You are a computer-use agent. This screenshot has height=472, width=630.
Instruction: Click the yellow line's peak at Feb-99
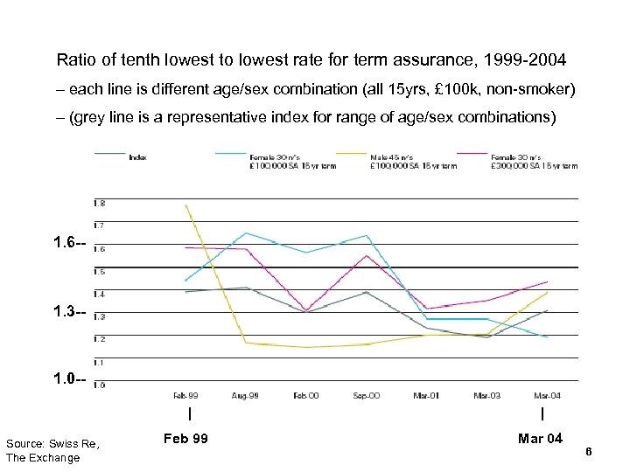[x=185, y=205]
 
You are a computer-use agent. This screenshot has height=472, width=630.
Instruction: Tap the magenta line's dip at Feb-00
[x=305, y=309]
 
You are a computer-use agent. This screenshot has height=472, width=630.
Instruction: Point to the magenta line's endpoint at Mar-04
[x=547, y=281]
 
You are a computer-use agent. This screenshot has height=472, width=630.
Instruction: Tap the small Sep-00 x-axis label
[x=366, y=396]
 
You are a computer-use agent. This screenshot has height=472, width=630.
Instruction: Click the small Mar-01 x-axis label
[x=426, y=396]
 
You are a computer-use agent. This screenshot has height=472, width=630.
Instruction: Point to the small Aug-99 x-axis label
[x=246, y=396]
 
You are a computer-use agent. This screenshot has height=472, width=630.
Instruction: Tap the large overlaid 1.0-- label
[x=69, y=380]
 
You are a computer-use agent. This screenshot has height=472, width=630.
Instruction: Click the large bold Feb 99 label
[x=185, y=438]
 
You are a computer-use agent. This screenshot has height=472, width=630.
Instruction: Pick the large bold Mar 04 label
[x=540, y=438]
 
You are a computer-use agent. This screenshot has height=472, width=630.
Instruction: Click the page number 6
[x=589, y=451]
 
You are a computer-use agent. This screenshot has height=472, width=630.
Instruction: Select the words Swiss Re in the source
[x=74, y=445]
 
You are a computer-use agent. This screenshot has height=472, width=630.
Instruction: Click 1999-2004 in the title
[x=520, y=61]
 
